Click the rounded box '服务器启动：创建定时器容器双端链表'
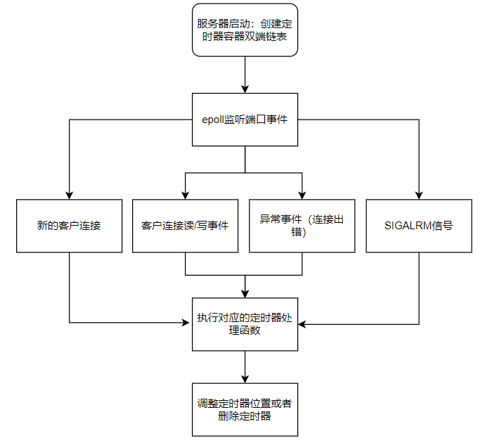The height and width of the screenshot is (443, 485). [x=245, y=30]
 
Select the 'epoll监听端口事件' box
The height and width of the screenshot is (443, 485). [x=245, y=120]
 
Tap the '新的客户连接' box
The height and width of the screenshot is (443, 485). [x=70, y=226]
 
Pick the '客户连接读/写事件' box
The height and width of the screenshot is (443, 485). [x=186, y=226]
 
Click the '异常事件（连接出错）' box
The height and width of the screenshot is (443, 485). [x=302, y=226]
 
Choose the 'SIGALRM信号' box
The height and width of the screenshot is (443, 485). [x=419, y=226]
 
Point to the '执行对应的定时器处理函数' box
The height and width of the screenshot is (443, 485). [x=245, y=324]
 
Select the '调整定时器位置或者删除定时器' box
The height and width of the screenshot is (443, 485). [x=245, y=409]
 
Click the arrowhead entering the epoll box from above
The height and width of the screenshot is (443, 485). [x=245, y=89]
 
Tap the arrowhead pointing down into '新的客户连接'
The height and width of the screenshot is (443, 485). [x=70, y=195]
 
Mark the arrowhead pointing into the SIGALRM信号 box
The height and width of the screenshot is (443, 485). [x=419, y=195]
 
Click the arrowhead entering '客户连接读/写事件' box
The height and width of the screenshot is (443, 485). [x=186, y=195]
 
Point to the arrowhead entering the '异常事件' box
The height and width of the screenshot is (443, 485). [x=302, y=195]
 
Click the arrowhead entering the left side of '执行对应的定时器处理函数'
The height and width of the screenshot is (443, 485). [x=186, y=323]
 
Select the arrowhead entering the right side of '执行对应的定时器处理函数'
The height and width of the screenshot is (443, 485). [x=302, y=324]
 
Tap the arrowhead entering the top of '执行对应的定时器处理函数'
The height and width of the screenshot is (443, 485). [x=245, y=294]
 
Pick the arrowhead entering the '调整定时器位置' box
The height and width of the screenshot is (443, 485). [x=245, y=379]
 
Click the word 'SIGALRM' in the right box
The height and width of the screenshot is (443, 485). [x=408, y=226]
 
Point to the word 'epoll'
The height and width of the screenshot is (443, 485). [x=213, y=120]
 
